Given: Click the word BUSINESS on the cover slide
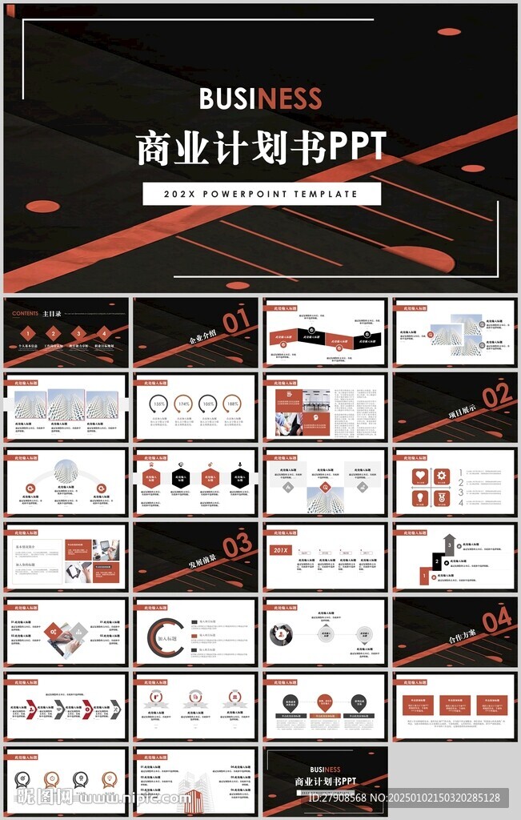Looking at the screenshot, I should point(260,98).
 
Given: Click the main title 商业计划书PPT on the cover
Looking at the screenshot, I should point(260,147).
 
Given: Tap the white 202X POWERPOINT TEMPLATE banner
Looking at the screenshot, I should point(261,194).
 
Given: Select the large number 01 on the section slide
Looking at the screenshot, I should point(236,322).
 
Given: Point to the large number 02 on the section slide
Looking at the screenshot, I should point(496,396).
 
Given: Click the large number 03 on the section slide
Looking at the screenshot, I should point(237,546).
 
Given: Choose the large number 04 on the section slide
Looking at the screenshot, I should point(496,619).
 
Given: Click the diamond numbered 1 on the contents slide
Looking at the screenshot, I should point(28,334).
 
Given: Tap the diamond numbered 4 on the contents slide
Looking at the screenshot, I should point(103,334).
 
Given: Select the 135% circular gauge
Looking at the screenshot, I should point(159,404).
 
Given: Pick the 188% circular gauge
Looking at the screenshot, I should point(231,404).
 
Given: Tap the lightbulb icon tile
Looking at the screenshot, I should point(419,497).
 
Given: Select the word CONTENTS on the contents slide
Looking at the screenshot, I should point(25,314).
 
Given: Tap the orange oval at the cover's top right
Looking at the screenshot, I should point(449,32).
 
